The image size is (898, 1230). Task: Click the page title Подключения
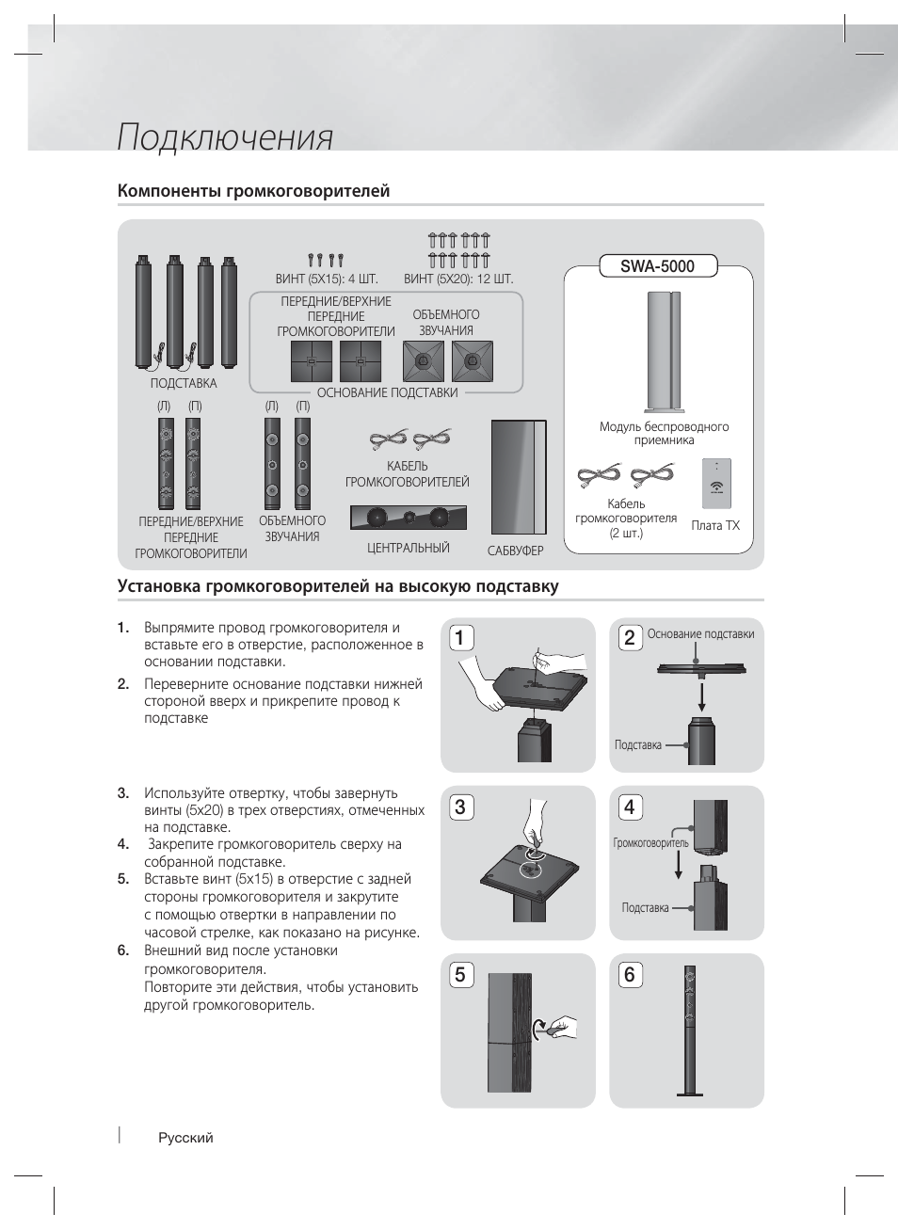[225, 137]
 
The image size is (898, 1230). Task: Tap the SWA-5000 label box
[658, 266]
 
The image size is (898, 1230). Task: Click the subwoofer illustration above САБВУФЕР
[518, 475]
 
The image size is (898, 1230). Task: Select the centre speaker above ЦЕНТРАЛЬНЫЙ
[408, 518]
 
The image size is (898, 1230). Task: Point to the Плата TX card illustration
[716, 483]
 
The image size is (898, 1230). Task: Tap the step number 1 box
[459, 639]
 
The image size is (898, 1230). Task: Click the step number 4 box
[629, 807]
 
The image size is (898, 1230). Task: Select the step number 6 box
[629, 975]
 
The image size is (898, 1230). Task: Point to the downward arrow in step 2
[701, 696]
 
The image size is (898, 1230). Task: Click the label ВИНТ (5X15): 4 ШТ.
[327, 280]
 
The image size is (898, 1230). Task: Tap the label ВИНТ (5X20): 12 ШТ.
[458, 280]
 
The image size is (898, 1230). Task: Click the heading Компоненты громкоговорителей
[253, 191]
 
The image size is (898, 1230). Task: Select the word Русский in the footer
[185, 1138]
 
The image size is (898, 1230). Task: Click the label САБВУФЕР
[516, 551]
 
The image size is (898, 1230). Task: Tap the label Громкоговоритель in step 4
[650, 843]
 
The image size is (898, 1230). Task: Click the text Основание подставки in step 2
[700, 634]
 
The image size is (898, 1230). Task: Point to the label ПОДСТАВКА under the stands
[184, 383]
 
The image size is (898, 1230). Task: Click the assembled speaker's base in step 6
[691, 1093]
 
